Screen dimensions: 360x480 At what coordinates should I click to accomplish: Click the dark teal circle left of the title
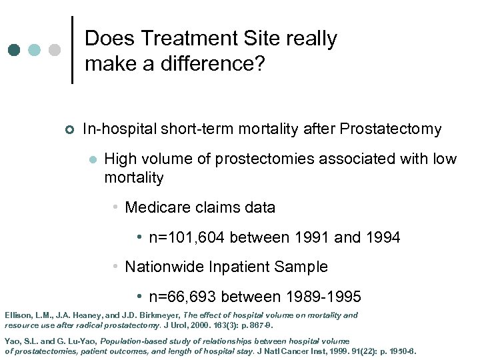15,51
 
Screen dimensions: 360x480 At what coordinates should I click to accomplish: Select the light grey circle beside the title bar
55,51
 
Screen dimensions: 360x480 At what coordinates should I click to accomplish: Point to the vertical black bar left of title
72,50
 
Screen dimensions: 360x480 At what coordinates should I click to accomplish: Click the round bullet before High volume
93,160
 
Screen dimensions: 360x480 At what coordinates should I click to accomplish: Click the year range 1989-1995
323,296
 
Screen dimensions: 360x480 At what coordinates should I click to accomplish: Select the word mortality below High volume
134,177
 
